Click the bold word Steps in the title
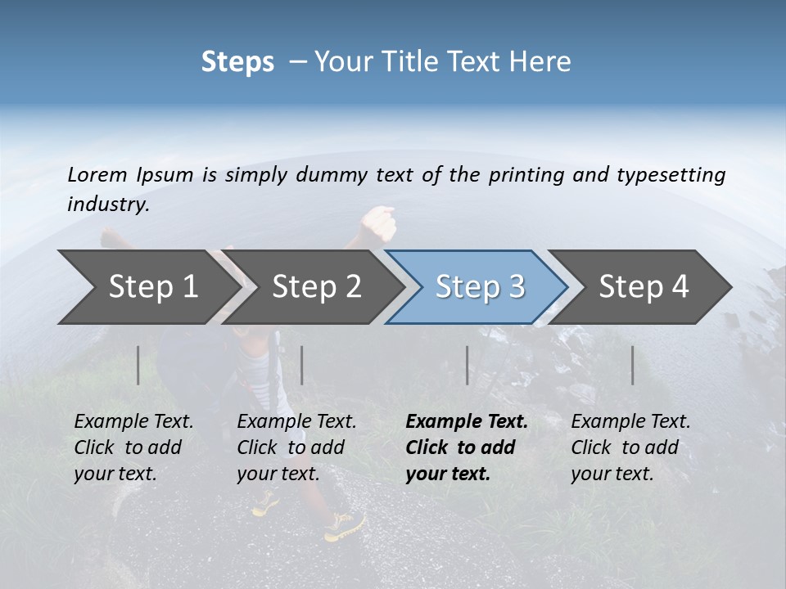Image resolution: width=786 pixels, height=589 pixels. point(237,62)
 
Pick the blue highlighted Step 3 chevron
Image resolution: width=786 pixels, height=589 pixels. point(479,287)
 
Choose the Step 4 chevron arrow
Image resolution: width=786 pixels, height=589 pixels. point(644,287)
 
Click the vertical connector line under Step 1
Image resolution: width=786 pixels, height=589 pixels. point(138,365)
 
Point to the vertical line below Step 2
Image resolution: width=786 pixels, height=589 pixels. point(302,365)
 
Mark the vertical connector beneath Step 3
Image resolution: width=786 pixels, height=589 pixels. point(467,365)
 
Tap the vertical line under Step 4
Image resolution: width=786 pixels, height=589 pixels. point(632,365)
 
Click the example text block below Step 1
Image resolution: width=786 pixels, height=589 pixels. point(133,447)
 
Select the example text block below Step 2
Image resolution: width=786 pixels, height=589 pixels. point(296,447)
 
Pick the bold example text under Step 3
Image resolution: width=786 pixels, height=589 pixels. point(467,447)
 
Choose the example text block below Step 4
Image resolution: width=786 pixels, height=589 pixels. point(630,447)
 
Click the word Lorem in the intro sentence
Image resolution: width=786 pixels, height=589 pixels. point(97,174)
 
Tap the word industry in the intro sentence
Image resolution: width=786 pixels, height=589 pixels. point(108,205)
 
